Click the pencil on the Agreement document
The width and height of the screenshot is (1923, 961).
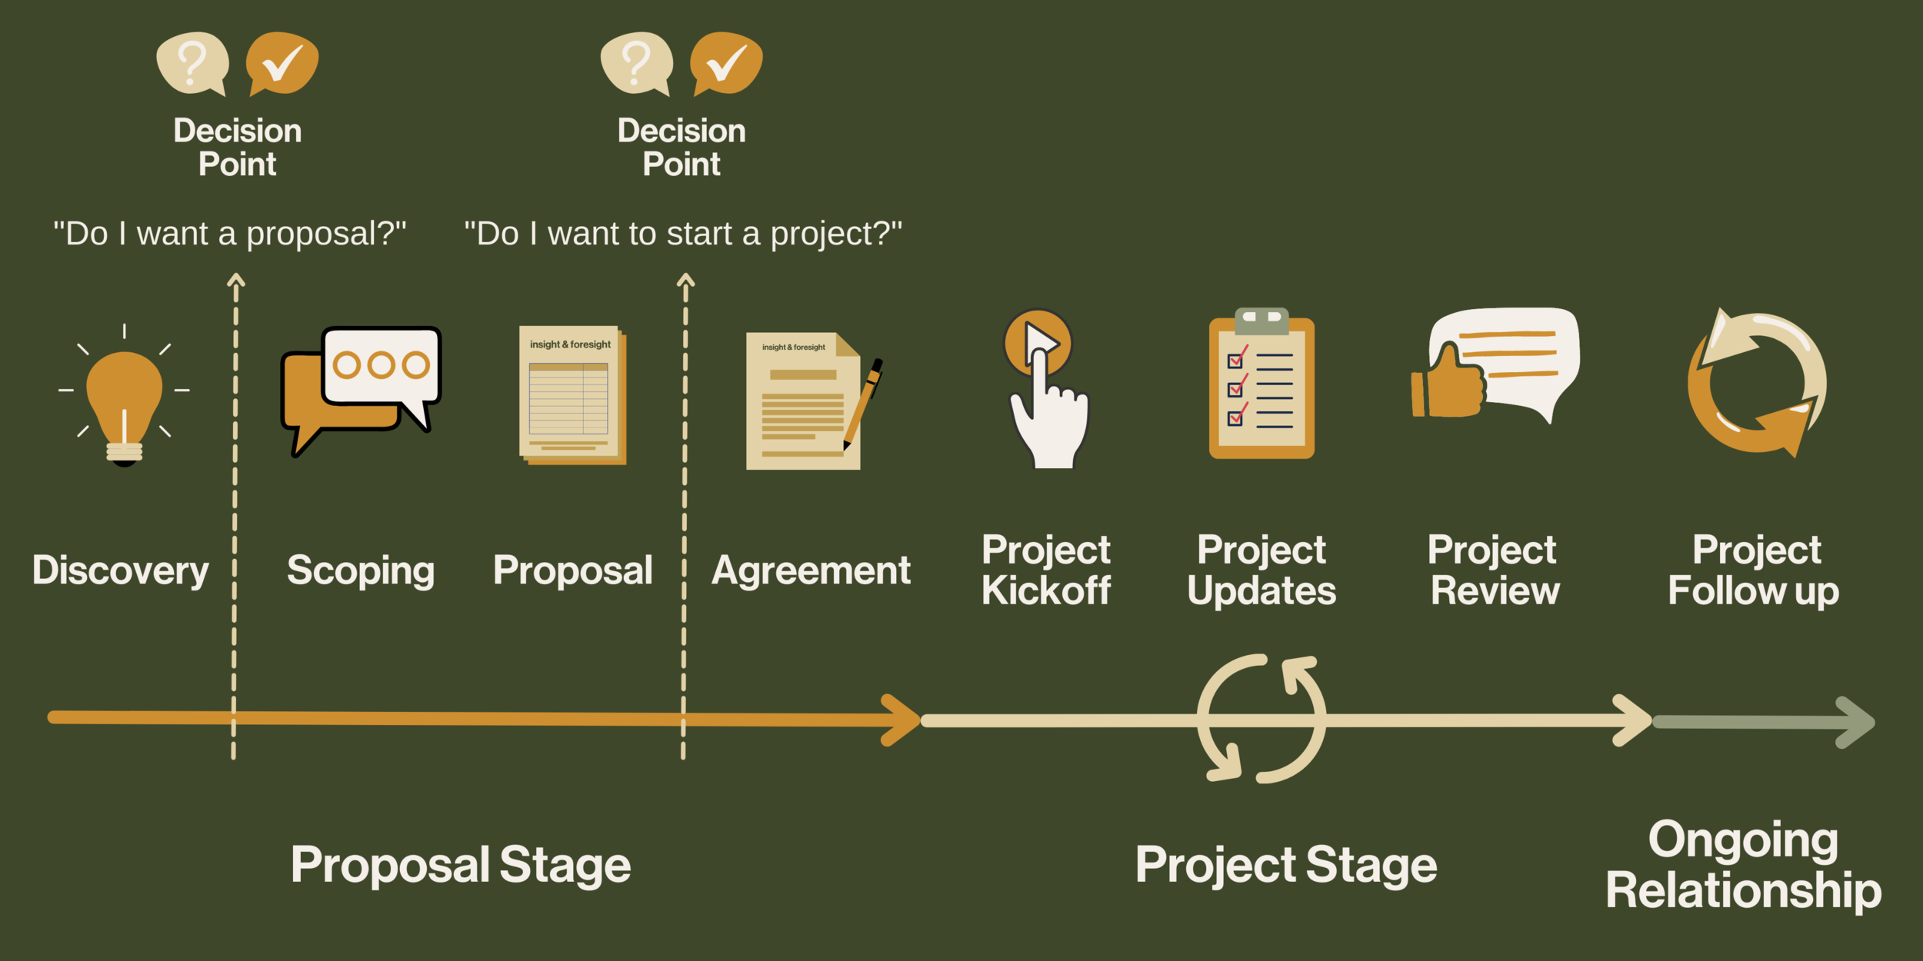(863, 404)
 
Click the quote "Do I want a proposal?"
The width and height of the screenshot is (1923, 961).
(229, 234)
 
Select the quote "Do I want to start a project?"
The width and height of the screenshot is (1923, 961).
(683, 234)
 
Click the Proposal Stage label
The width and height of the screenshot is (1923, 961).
(460, 865)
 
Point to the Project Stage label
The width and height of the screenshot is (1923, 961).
(1286, 865)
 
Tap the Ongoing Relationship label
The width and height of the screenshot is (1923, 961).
(1743, 865)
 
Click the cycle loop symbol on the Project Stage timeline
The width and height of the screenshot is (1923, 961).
(1261, 719)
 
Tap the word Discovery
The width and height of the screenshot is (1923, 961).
(121, 571)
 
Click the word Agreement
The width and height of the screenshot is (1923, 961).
(811, 571)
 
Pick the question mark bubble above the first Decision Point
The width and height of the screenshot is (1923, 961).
(192, 63)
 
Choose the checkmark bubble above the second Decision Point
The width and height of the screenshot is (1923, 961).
(726, 63)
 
